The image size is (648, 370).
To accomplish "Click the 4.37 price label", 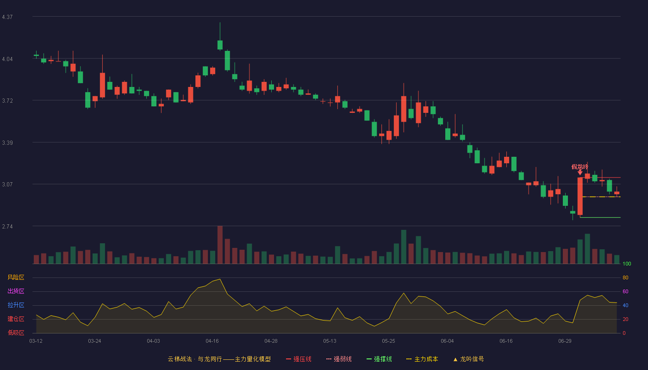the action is click(x=7, y=17).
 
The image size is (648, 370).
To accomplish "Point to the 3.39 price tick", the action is click(x=7, y=143).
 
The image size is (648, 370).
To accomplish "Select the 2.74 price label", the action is click(x=7, y=227).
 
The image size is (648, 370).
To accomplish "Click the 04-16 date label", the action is click(x=212, y=341).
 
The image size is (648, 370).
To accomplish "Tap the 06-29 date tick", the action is click(x=565, y=341).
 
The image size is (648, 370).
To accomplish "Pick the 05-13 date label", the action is click(x=330, y=341).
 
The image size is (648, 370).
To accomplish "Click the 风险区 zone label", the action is click(x=16, y=277).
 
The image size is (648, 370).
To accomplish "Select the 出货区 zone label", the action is click(x=16, y=291).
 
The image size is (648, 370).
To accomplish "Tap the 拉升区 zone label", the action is click(x=16, y=305).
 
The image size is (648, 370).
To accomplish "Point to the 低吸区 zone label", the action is click(x=16, y=333).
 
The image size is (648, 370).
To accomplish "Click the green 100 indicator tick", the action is click(x=627, y=264).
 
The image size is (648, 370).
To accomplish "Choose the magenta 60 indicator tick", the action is click(x=625, y=291).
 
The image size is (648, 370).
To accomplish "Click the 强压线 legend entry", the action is click(x=299, y=359).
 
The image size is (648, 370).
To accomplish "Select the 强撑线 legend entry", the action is click(x=379, y=359).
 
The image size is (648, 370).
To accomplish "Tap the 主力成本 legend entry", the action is click(x=422, y=359).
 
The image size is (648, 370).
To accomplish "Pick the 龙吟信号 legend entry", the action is click(x=468, y=359).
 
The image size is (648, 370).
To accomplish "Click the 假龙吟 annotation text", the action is click(x=579, y=167).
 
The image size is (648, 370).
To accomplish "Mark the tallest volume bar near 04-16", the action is click(x=220, y=245).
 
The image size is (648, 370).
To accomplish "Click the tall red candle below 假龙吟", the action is click(x=580, y=196).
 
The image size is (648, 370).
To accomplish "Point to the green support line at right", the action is click(x=600, y=217).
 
